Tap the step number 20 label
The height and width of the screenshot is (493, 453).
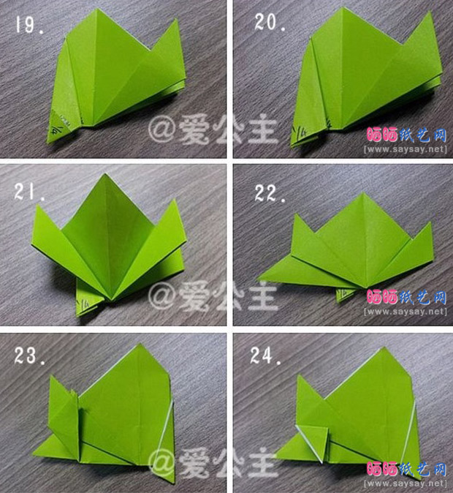tap(270, 23)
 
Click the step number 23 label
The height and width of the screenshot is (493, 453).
tap(31, 356)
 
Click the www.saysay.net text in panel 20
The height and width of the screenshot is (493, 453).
tap(405, 149)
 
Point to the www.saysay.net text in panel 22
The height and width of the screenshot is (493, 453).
tap(405, 312)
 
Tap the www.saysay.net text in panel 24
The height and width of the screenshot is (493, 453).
tap(405, 483)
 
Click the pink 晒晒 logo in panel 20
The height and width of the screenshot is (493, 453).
tap(383, 135)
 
